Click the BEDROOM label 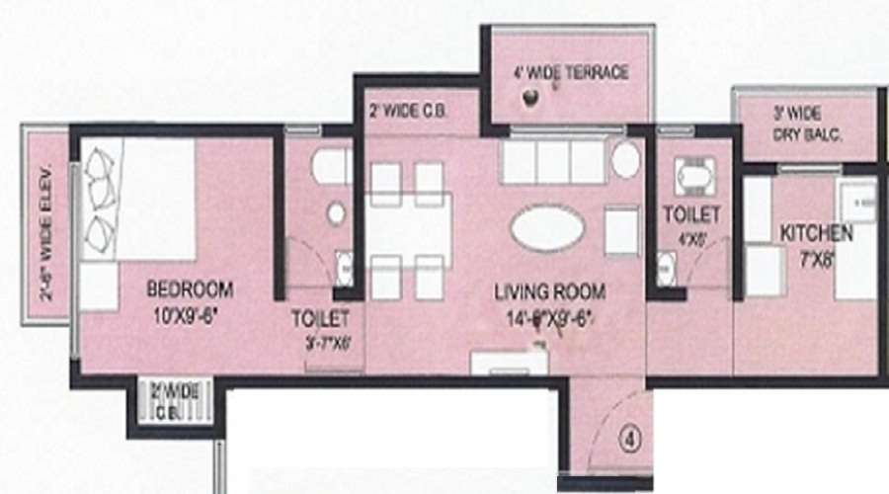click(190, 289)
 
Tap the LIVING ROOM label click(549, 292)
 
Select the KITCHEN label click(816, 233)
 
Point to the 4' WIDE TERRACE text click(570, 73)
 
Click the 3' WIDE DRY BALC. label click(806, 125)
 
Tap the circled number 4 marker click(629, 435)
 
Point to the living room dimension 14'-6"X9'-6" click(549, 318)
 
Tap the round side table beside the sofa click(626, 160)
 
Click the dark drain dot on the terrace click(531, 97)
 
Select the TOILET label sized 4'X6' click(691, 213)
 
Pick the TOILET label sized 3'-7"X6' click(322, 319)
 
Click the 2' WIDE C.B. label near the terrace click(407, 111)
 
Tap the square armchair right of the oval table click(621, 229)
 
